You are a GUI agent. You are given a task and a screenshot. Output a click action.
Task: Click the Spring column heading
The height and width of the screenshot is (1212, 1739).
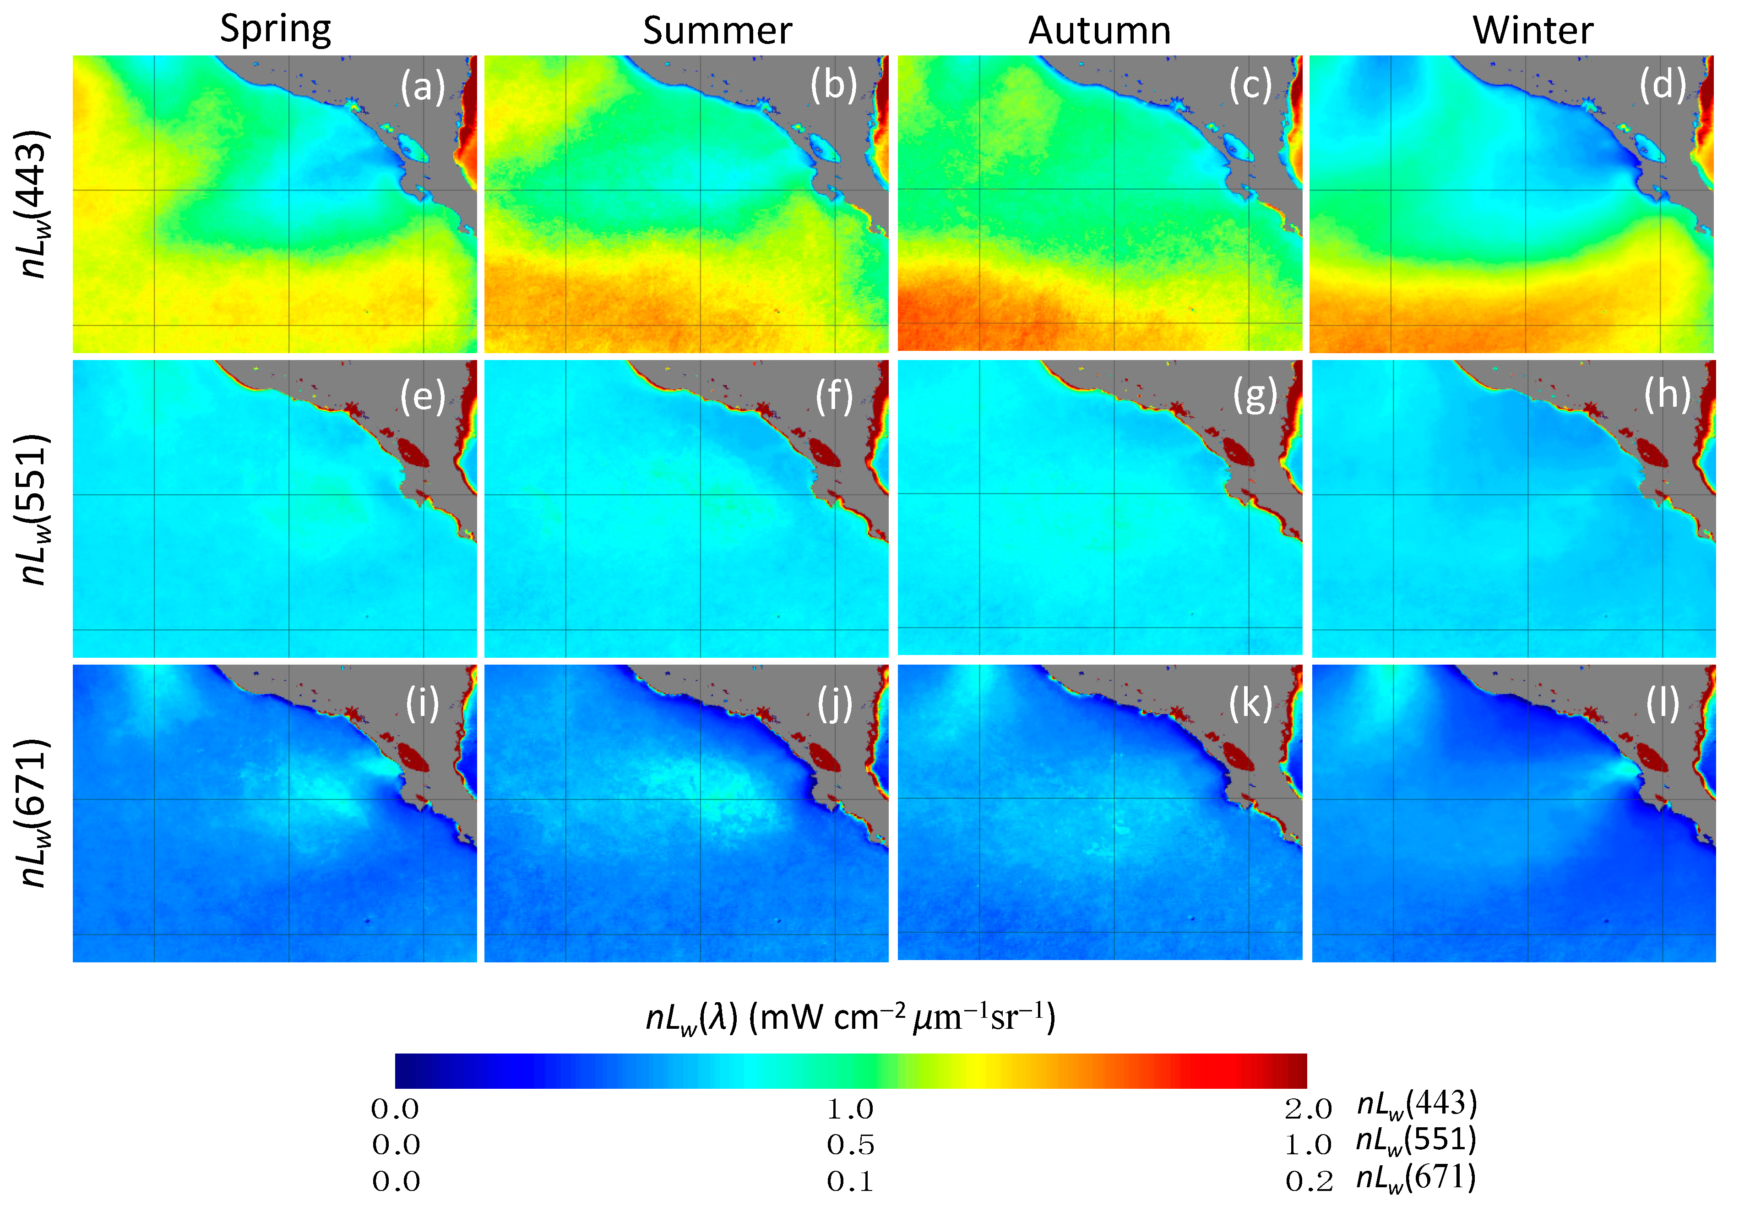(x=276, y=30)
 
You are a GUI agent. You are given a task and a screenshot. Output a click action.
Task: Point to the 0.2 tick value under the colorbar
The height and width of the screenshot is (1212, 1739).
(x=1309, y=1181)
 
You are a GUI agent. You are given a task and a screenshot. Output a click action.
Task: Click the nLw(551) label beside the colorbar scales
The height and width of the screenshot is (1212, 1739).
(x=1416, y=1141)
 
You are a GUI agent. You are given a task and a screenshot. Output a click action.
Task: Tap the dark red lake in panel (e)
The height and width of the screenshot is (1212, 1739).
(x=413, y=453)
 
